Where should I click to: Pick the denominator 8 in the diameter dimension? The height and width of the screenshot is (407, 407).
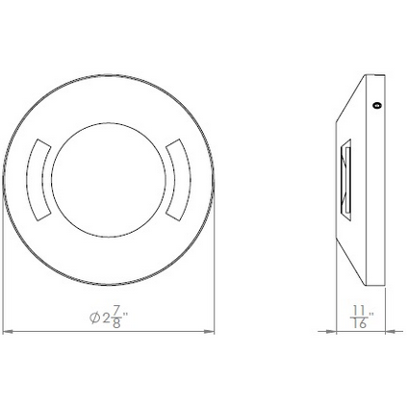pyautogui.click(x=116, y=326)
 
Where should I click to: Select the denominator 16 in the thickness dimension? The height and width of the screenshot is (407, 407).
pyautogui.click(x=360, y=326)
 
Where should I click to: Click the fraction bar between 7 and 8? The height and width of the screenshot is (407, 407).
pyautogui.click(x=116, y=318)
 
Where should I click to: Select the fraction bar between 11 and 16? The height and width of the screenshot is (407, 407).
pyautogui.click(x=360, y=318)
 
